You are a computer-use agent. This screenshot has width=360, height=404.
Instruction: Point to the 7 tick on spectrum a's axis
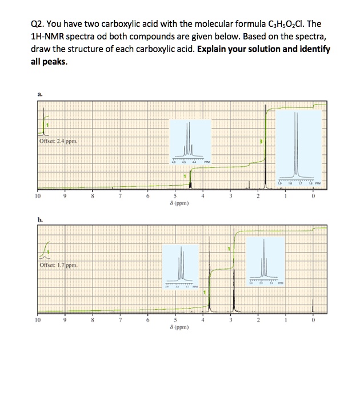click(x=120, y=197)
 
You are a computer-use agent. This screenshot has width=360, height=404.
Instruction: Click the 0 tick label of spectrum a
click(x=313, y=197)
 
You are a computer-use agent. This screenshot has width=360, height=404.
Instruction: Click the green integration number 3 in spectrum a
click(x=260, y=141)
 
